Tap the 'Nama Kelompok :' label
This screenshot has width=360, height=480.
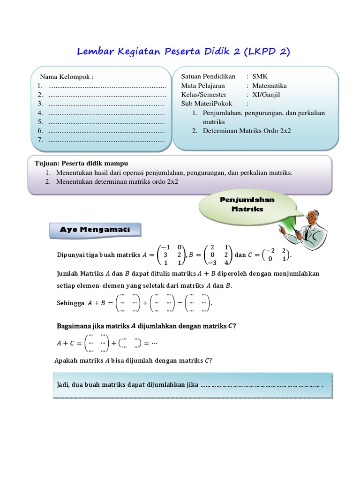(x=67, y=77)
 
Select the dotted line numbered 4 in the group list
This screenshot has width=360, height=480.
(x=106, y=113)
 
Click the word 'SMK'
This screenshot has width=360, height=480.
(x=260, y=76)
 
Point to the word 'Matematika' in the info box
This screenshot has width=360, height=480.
(x=270, y=86)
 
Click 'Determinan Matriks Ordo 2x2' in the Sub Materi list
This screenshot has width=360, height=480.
(x=247, y=131)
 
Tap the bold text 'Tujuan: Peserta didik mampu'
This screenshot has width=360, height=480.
(x=78, y=164)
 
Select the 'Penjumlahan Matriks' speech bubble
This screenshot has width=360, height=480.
(x=247, y=204)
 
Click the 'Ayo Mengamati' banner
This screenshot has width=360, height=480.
(x=94, y=230)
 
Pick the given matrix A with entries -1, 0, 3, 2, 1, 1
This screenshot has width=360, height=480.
(x=172, y=255)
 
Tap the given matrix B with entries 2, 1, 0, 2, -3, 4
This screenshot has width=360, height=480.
(x=218, y=255)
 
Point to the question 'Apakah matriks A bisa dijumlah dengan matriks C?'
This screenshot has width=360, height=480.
(x=133, y=360)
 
